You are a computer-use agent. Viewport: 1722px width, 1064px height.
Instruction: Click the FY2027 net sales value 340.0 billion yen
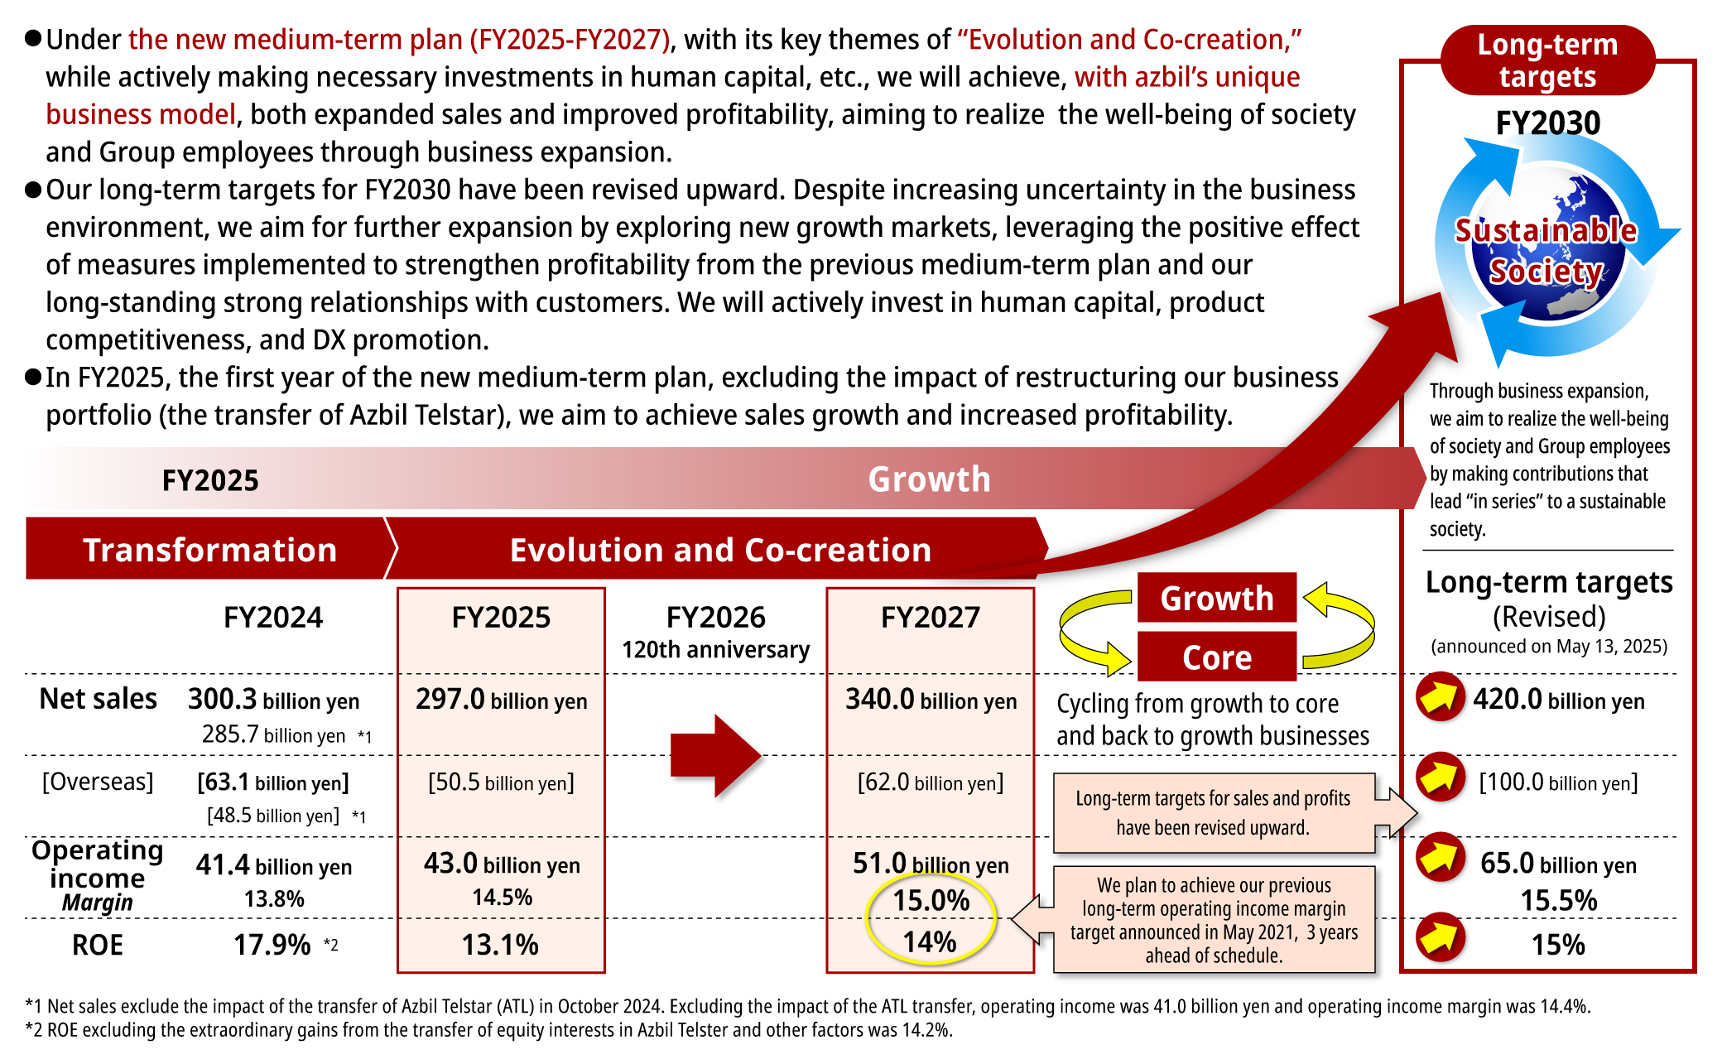click(x=931, y=700)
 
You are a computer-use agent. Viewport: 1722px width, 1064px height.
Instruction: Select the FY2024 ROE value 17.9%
click(x=272, y=945)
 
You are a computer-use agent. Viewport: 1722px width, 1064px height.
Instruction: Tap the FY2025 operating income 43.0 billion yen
click(x=502, y=864)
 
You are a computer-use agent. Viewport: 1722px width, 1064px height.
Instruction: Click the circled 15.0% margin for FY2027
click(x=931, y=900)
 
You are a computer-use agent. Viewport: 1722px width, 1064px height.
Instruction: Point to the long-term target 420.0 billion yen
click(x=1558, y=700)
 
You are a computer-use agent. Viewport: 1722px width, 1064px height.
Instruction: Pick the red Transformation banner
click(x=209, y=550)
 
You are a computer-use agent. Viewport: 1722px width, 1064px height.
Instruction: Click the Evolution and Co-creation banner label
click(x=720, y=550)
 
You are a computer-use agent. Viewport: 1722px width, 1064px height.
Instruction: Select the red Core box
click(x=1216, y=657)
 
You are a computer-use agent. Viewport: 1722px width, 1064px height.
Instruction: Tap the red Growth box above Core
click(x=1216, y=598)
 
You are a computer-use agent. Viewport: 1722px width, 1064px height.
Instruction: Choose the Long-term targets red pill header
click(x=1547, y=60)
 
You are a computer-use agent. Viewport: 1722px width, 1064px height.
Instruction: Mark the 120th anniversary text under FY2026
click(x=715, y=650)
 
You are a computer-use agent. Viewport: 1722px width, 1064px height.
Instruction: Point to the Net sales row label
click(x=98, y=699)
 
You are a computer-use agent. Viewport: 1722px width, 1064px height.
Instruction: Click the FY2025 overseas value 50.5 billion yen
click(x=501, y=782)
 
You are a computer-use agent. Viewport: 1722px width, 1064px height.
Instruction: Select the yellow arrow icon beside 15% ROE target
click(x=1440, y=936)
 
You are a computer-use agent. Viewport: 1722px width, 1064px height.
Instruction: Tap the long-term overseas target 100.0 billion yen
click(x=1558, y=782)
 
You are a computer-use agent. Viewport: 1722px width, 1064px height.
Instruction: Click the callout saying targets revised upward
click(x=1213, y=813)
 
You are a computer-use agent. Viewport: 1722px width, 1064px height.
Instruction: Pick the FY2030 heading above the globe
click(x=1547, y=123)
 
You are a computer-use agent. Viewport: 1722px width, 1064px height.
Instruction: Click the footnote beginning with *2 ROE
click(x=488, y=1030)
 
